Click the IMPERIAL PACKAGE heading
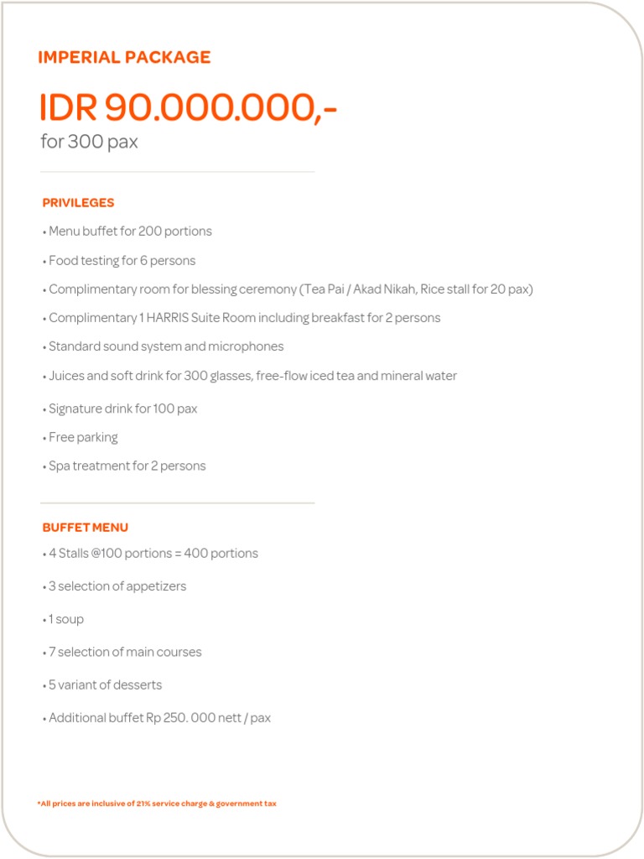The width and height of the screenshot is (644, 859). (124, 58)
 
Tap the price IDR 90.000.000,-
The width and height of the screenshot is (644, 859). (188, 108)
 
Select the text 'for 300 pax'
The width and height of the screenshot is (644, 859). (89, 142)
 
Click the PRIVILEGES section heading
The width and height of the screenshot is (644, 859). (78, 203)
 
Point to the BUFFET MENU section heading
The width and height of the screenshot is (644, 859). (85, 528)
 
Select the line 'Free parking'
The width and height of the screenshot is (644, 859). (82, 437)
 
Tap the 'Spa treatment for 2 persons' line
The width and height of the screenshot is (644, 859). (126, 466)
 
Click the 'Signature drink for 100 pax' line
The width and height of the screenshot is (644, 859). (122, 409)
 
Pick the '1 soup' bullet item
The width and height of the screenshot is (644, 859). (65, 619)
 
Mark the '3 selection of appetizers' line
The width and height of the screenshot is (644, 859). (117, 586)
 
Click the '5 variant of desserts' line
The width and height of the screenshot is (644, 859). (104, 685)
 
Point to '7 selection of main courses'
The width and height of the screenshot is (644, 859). (124, 652)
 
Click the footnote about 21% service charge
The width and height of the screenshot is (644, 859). (157, 804)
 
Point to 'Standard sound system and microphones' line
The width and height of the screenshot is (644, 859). (165, 346)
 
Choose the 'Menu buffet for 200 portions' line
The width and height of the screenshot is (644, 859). (129, 232)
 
